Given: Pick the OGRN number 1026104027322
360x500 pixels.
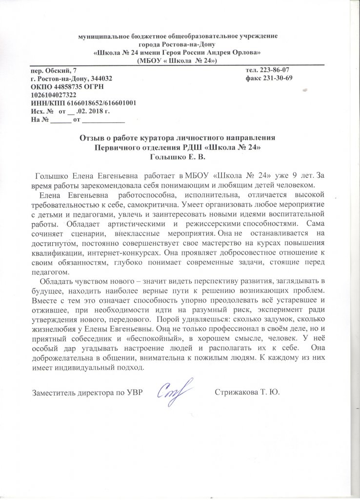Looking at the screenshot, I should [x=53, y=95].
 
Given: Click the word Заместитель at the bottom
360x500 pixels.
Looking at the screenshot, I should [x=57, y=392].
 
